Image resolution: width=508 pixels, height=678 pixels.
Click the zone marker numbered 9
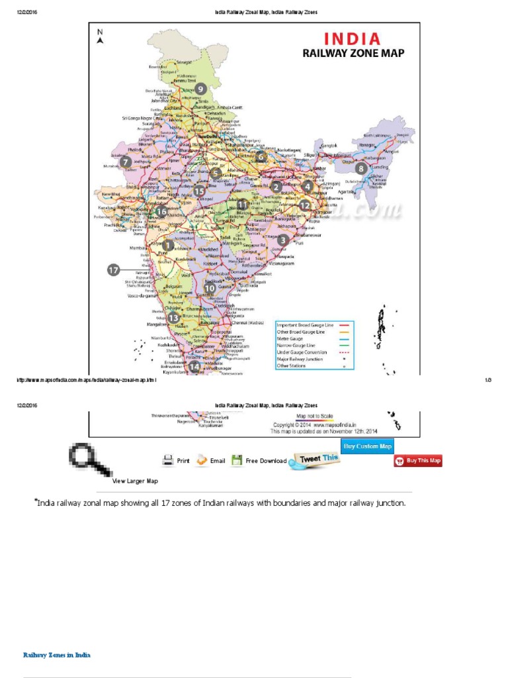[200, 89]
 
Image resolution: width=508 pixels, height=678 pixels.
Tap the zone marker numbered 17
[114, 270]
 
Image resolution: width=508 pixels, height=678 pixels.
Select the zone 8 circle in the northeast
[360, 168]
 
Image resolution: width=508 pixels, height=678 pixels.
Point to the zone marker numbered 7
[125, 161]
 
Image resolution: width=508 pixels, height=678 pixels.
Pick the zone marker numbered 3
[283, 240]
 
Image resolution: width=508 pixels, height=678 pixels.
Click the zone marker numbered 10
[210, 288]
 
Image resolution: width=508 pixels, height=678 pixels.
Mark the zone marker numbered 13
[173, 318]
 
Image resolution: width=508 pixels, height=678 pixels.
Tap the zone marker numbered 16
[161, 212]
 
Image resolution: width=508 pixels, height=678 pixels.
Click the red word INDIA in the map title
[351, 39]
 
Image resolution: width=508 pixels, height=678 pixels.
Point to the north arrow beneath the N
[100, 41]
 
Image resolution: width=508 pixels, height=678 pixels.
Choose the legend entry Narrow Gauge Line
[297, 346]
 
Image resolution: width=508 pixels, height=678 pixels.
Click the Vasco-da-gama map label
[142, 296]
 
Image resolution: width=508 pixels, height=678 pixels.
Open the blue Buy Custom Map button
[366, 446]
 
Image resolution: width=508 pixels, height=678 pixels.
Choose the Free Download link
[266, 461]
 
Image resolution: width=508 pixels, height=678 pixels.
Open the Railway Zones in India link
[57, 655]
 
